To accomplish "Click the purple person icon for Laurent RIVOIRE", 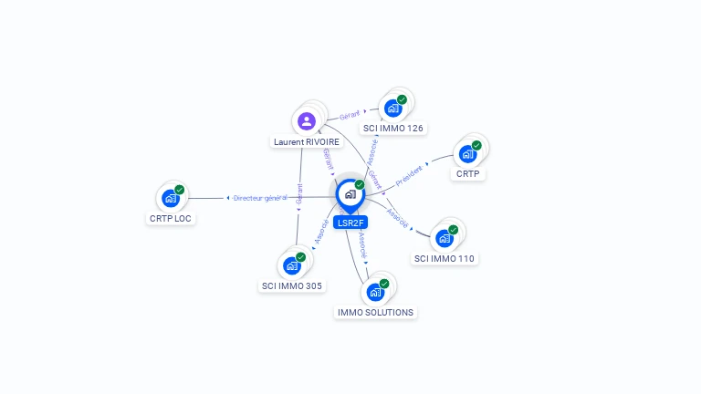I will coord(307,120).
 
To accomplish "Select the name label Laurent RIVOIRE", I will coord(307,142).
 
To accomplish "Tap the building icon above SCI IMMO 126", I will coord(392,108).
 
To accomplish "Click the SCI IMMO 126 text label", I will coord(392,129).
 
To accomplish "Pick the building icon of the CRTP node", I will coord(467,153).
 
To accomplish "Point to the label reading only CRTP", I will coord(467,173).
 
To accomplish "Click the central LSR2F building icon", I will coord(350,194).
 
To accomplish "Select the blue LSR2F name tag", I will coord(350,223).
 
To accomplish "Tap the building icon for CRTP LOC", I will coord(170,198).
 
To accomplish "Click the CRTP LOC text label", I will coord(171,219).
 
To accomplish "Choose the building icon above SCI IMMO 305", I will coord(292,265).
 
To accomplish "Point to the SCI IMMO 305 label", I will coord(292,285).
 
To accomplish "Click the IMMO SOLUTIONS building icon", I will coord(374,293).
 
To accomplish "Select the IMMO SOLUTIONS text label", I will coord(375,313).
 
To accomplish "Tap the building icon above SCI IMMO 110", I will coord(445,238).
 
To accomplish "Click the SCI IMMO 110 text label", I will coord(445,259).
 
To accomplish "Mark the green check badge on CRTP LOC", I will coord(180,190).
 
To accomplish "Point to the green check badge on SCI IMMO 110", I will coord(454,230).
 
